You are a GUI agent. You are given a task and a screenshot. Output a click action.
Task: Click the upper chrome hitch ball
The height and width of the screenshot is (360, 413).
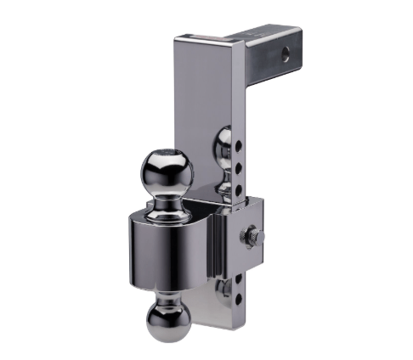(x=167, y=169)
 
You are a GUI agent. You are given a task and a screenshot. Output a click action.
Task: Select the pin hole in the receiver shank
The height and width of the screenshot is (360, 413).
(x=285, y=53)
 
